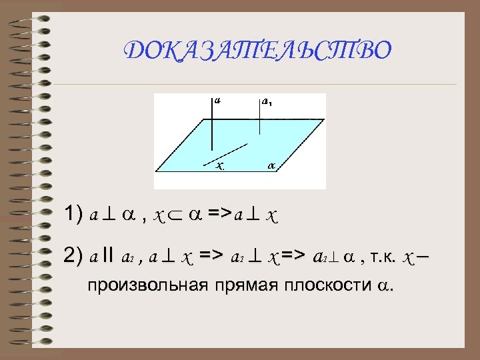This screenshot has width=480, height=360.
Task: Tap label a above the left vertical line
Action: pos(218,101)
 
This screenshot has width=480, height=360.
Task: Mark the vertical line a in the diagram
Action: pos(213,127)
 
